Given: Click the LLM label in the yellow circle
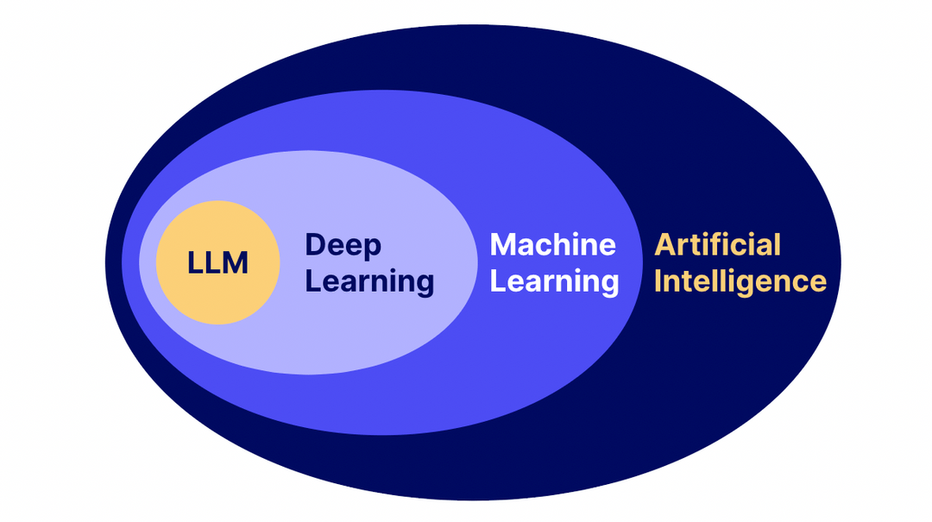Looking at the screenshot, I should tap(217, 262).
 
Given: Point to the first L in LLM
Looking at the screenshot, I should tap(195, 262).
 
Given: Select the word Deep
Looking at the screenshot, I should tap(343, 246).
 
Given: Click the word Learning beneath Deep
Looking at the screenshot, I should tap(369, 282).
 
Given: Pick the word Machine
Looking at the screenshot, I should tap(552, 245).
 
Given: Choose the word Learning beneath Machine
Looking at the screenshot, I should tap(554, 281).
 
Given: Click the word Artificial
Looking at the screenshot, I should tap(717, 245).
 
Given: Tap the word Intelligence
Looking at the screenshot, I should tap(740, 281).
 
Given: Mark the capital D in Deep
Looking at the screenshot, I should tap(316, 245).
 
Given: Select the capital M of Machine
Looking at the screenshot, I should tap(504, 245).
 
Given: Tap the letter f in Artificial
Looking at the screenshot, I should tap(715, 245).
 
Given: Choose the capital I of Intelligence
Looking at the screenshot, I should tap(658, 281).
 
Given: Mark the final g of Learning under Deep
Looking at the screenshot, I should tap(424, 286).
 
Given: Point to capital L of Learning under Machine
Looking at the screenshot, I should tap(499, 281).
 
